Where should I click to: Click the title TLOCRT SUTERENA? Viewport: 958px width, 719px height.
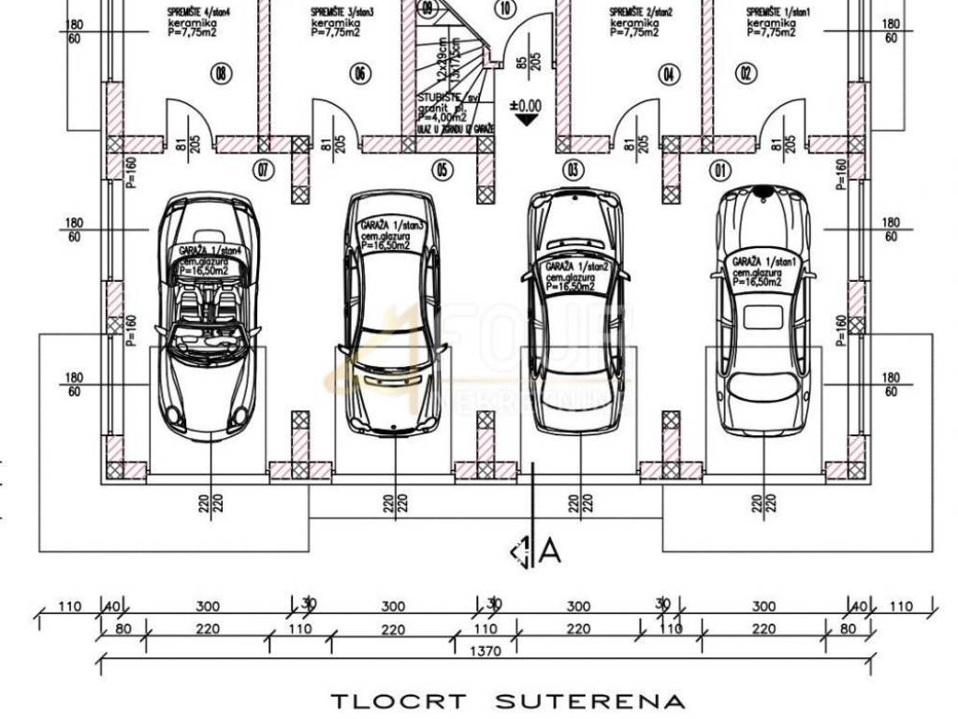point(509,700)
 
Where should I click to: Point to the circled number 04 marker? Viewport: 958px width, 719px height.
point(668,74)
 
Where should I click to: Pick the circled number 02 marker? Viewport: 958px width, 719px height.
point(746,74)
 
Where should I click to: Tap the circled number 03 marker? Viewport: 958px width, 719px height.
point(573,169)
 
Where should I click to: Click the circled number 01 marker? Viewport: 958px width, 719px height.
point(719,170)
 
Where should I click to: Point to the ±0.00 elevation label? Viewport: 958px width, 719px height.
point(527,106)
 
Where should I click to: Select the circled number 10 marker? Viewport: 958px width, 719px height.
point(506,10)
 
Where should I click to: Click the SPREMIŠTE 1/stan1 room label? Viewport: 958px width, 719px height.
point(772,13)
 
